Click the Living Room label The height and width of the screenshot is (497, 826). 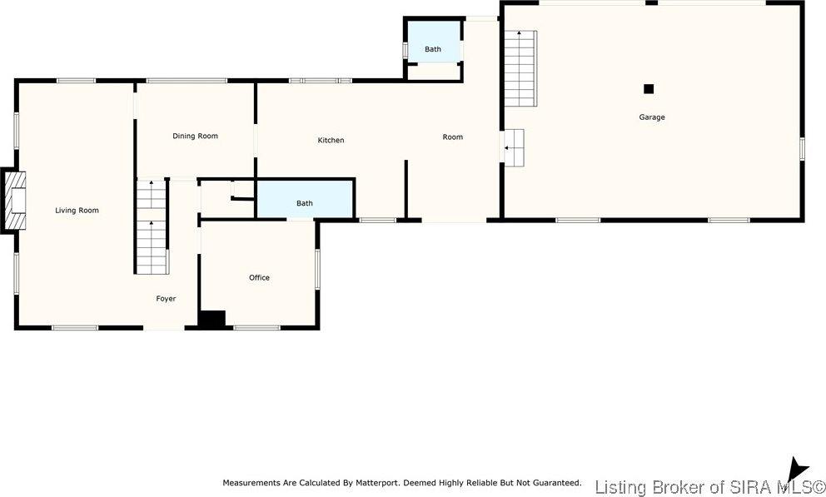tap(77, 211)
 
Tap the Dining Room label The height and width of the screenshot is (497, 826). tap(195, 136)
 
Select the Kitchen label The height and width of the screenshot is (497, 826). tap(331, 140)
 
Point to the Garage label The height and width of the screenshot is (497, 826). tap(652, 117)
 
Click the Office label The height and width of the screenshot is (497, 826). tap(259, 277)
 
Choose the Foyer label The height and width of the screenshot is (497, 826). tap(166, 298)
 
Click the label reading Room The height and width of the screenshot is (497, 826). tap(452, 137)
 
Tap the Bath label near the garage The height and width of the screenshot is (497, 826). tap(433, 49)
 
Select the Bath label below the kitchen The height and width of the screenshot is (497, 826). tap(305, 203)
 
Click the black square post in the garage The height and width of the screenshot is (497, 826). tap(649, 89)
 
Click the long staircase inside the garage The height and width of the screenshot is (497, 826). tap(520, 67)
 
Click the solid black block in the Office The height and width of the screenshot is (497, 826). tap(213, 319)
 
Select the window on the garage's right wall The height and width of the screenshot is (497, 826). tap(802, 148)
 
